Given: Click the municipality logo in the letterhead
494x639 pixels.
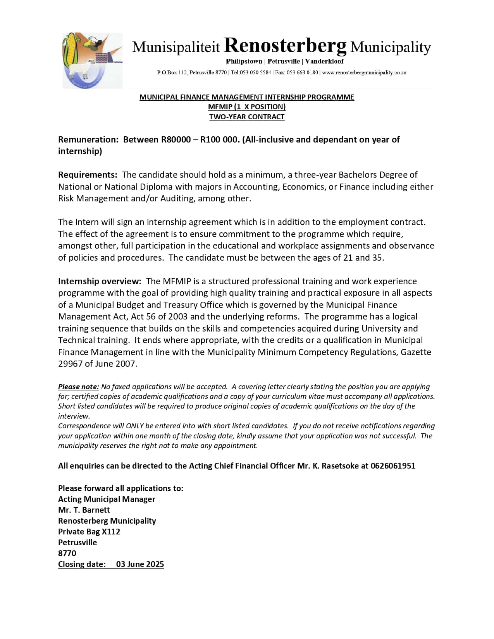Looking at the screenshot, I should click(x=92, y=60).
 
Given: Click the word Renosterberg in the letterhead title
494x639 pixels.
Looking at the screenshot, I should click(x=285, y=46).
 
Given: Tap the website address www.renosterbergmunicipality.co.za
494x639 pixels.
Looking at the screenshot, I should click(x=364, y=72).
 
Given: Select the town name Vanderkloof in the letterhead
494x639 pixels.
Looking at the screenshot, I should click(x=324, y=61).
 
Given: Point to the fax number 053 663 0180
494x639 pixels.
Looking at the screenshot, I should click(x=302, y=72).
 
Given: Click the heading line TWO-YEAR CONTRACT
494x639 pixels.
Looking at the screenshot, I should click(x=247, y=117).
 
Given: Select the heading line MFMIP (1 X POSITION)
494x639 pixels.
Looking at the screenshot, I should click(x=247, y=107).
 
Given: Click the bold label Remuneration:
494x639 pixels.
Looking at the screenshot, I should click(x=88, y=139).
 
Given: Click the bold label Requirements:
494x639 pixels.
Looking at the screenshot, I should click(x=88, y=175).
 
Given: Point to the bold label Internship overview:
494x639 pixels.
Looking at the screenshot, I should click(x=100, y=281).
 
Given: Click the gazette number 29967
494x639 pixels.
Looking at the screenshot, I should click(x=70, y=364).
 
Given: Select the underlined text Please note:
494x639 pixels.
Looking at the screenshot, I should click(x=79, y=386).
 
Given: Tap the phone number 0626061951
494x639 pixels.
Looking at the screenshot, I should click(x=393, y=466).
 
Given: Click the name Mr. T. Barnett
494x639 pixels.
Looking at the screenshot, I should click(x=84, y=510).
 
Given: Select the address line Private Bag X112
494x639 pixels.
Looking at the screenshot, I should click(x=89, y=532).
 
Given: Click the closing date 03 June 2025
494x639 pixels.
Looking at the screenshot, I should click(x=140, y=564).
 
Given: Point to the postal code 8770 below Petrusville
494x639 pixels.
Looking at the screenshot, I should click(x=67, y=553).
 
